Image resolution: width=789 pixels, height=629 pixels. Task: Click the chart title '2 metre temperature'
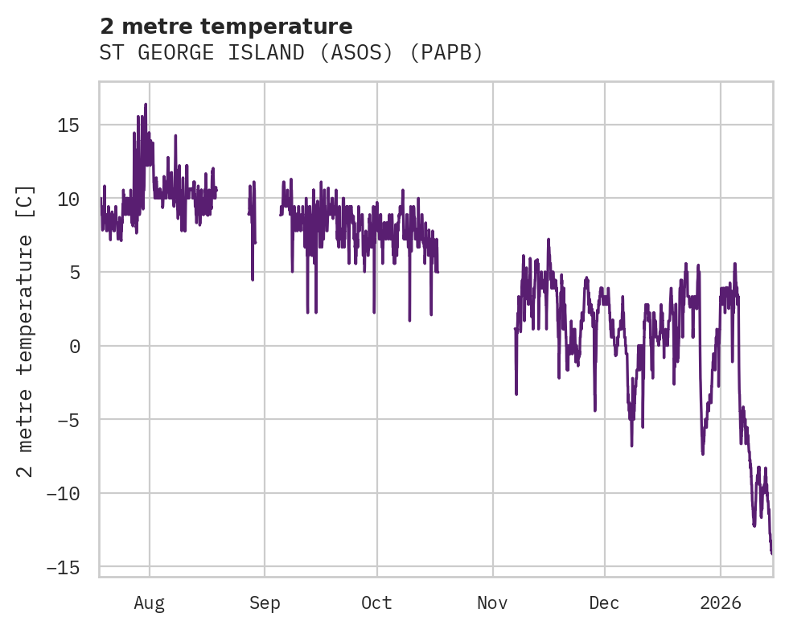(226, 27)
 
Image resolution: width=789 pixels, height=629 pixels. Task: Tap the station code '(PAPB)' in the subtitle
(447, 53)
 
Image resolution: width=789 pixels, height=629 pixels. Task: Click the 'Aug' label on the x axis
(150, 602)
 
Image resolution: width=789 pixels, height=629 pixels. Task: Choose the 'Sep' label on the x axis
(265, 602)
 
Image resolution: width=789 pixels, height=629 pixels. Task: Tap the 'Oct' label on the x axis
(376, 602)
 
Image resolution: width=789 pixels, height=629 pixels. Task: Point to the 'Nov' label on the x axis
(492, 602)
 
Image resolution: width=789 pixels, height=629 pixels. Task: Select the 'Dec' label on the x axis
(604, 602)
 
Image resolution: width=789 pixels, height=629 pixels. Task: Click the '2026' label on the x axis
(721, 602)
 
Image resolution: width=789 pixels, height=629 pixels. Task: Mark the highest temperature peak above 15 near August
(146, 105)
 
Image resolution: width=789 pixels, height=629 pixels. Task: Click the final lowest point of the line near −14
(771, 553)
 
